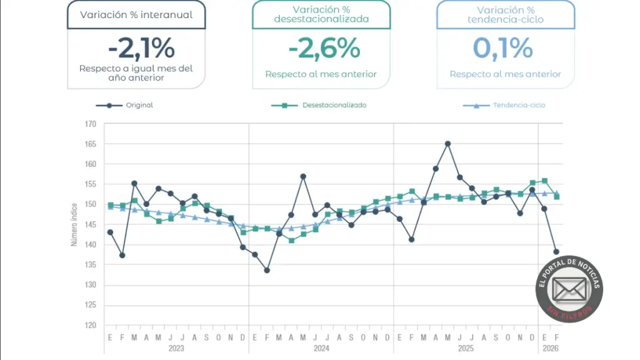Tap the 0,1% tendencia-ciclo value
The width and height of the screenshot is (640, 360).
click(x=505, y=48)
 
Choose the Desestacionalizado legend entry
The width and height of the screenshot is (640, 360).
click(x=319, y=105)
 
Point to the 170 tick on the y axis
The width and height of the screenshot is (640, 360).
click(x=91, y=124)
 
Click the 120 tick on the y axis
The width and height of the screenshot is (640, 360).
click(x=91, y=326)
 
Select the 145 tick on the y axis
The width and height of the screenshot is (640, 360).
click(x=91, y=225)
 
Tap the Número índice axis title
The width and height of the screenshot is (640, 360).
click(x=74, y=224)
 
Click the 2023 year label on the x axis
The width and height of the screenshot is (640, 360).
click(x=176, y=348)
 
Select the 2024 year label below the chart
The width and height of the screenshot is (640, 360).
click(x=321, y=348)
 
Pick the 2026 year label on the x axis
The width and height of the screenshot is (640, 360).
click(x=550, y=348)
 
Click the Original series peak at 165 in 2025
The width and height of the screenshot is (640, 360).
click(x=447, y=144)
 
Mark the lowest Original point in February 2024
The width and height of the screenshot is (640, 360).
click(x=267, y=270)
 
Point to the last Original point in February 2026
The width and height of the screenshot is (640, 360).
click(x=556, y=252)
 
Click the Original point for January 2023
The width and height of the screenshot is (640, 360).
click(x=110, y=232)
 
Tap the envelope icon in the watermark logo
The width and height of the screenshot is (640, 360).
click(x=569, y=289)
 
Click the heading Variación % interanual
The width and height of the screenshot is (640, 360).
click(x=136, y=14)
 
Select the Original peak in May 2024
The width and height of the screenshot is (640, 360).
click(x=303, y=176)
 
